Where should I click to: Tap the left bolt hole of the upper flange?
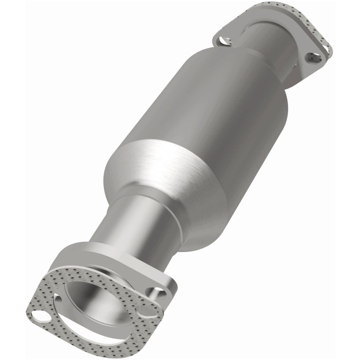222,41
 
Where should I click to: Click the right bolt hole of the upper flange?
313,57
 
